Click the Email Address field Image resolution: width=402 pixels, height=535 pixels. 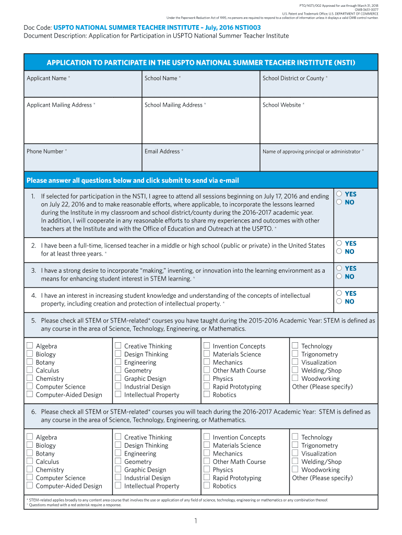200,161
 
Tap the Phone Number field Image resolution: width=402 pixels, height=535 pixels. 82,161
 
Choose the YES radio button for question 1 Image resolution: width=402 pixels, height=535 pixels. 339,194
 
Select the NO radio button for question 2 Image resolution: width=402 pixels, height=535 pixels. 339,251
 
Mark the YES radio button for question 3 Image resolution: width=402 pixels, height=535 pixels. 339,268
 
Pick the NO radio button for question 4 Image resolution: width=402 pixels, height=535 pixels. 339,301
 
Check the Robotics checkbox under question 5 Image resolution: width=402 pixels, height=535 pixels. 207,395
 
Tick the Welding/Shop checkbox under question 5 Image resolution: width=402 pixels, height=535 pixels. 295,370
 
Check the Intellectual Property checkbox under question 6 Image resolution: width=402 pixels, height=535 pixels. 119,486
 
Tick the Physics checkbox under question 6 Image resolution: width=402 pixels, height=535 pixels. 207,470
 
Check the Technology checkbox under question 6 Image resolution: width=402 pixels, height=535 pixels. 295,437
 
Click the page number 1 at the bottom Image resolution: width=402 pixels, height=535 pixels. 195,521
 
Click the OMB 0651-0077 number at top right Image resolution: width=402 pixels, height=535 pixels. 367,9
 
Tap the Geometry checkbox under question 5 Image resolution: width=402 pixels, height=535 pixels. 119,370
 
